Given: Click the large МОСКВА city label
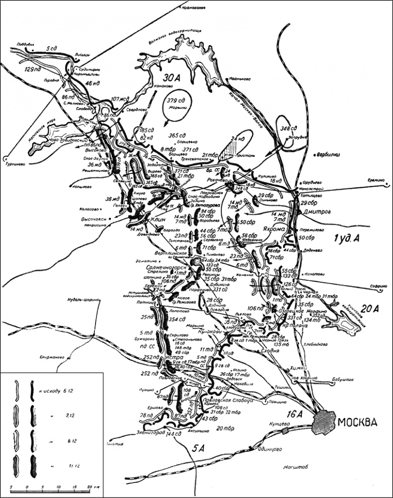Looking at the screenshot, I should coord(357,423).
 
